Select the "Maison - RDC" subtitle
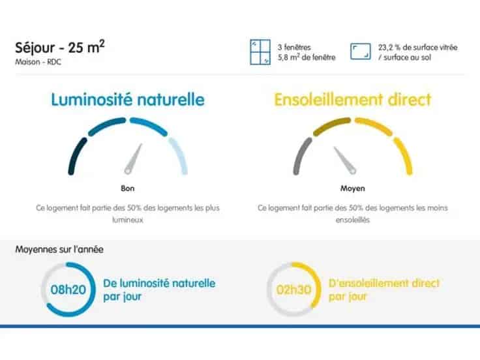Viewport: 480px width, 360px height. click(38, 63)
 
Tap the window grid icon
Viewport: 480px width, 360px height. click(260, 52)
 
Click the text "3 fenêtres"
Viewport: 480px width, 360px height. click(295, 48)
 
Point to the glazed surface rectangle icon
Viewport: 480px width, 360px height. click(361, 52)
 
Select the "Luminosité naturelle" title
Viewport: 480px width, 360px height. click(128, 100)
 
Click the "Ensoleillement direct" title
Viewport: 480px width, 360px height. click(353, 100)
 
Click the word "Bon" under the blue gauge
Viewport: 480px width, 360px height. click(127, 188)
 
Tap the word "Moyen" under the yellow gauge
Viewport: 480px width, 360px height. click(353, 188)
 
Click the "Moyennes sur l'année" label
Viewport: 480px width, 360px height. click(59, 249)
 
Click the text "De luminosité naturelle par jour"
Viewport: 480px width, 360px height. click(159, 290)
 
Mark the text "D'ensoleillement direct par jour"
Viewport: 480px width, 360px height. click(384, 290)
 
